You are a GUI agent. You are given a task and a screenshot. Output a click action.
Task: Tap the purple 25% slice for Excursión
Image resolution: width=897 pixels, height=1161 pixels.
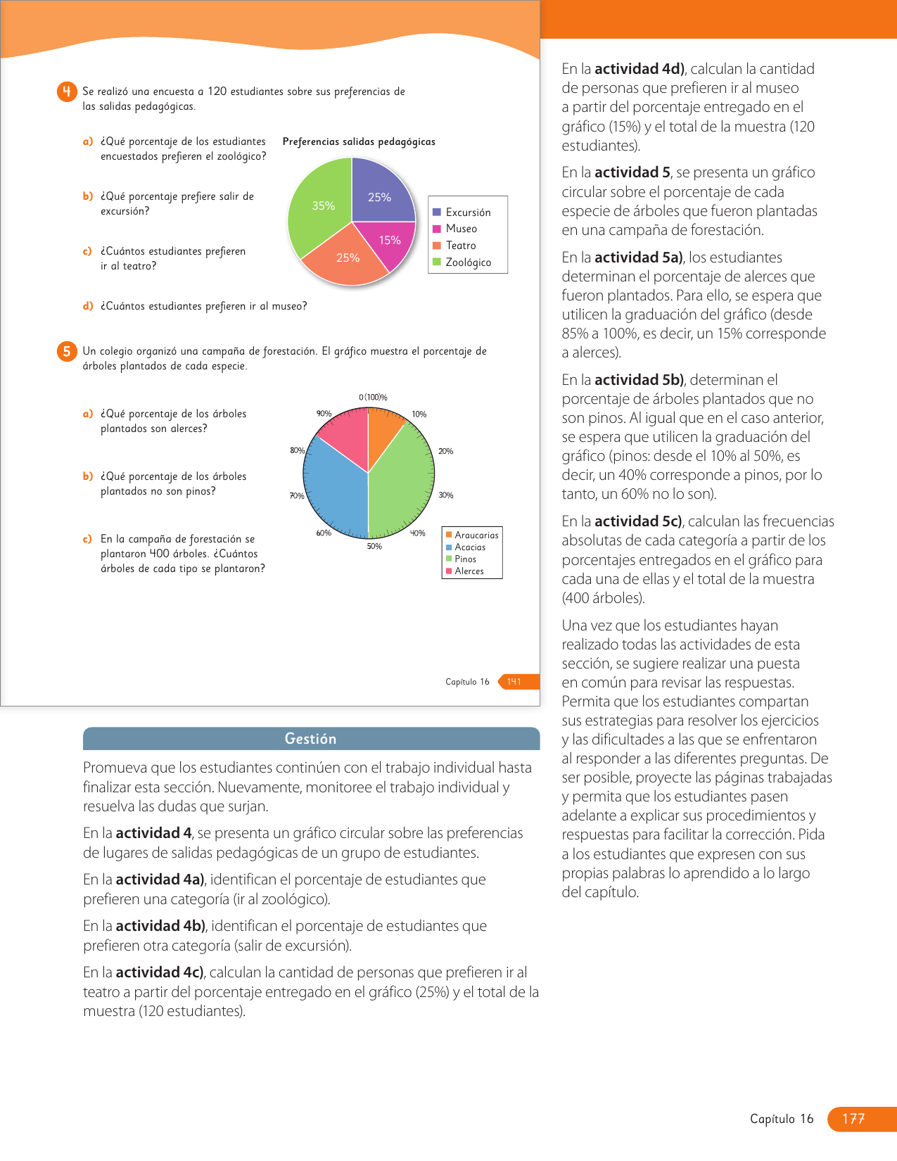pyautogui.click(x=380, y=193)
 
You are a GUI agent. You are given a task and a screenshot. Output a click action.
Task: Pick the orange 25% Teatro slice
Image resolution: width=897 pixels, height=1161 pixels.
pyautogui.click(x=345, y=260)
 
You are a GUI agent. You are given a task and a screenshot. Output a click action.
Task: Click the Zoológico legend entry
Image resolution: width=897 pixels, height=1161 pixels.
pyautogui.click(x=468, y=262)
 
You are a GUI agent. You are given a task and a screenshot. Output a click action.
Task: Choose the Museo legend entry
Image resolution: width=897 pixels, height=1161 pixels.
pyautogui.click(x=461, y=229)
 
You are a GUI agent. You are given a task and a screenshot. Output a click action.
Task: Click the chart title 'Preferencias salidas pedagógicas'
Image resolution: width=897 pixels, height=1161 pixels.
pyautogui.click(x=359, y=142)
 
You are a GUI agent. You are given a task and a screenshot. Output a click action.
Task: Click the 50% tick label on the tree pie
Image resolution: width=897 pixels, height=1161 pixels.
pyautogui.click(x=374, y=546)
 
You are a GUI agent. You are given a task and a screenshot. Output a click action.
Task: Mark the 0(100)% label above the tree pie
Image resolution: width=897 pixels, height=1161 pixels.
pyautogui.click(x=373, y=398)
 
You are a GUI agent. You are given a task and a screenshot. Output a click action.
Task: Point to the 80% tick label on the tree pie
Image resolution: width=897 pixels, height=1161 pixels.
pyautogui.click(x=297, y=450)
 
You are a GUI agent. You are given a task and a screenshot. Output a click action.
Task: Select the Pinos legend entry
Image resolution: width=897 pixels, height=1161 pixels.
pyautogui.click(x=465, y=559)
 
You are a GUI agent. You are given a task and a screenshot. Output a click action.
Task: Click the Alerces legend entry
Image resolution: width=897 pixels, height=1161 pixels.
pyautogui.click(x=469, y=571)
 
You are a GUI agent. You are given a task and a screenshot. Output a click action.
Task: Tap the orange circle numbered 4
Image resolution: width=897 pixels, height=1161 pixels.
pyautogui.click(x=67, y=92)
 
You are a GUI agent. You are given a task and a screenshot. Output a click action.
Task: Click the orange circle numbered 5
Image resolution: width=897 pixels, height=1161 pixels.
pyautogui.click(x=67, y=352)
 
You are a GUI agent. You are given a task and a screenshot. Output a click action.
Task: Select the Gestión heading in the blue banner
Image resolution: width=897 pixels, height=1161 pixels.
pyautogui.click(x=310, y=739)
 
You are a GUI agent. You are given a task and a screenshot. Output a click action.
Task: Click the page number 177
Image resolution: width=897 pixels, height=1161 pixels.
pyautogui.click(x=853, y=1119)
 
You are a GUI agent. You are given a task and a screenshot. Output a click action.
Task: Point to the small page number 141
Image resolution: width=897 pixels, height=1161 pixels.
pyautogui.click(x=514, y=681)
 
